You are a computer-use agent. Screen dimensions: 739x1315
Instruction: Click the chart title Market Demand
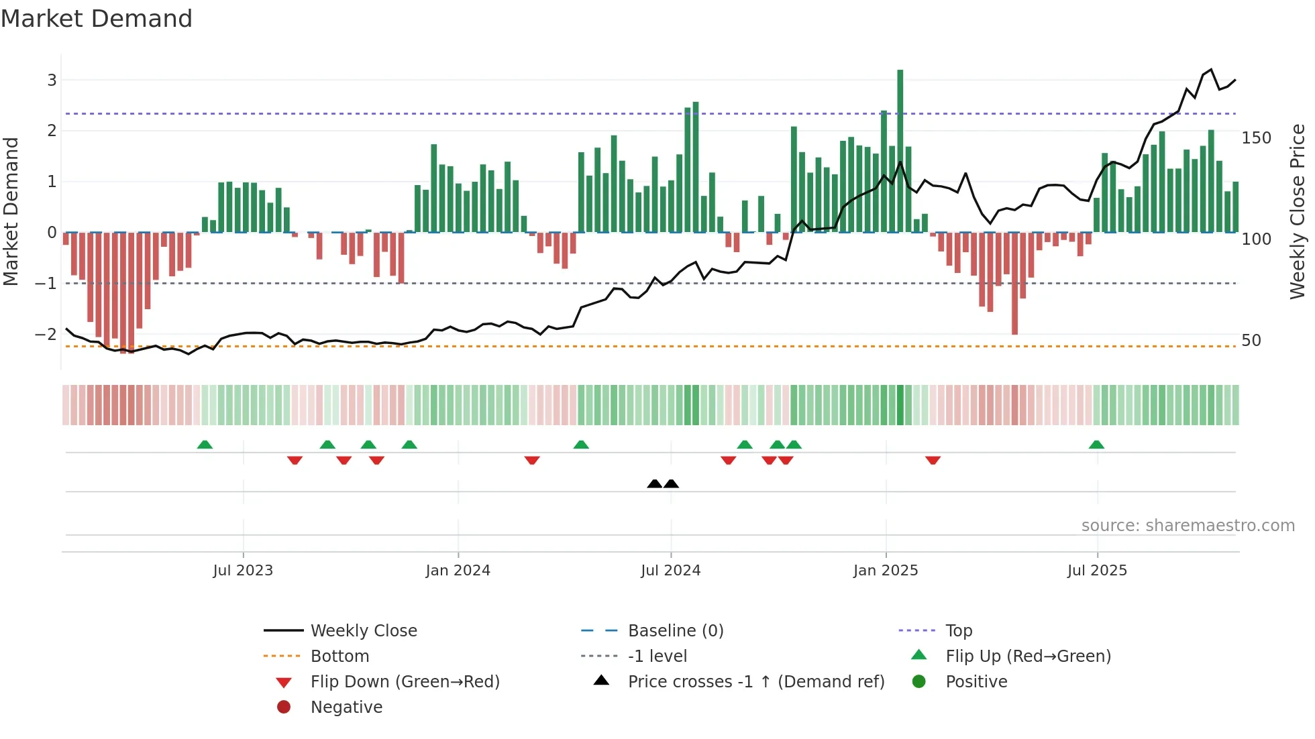pyautogui.click(x=97, y=19)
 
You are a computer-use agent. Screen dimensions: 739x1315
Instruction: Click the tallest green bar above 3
pyautogui.click(x=900, y=151)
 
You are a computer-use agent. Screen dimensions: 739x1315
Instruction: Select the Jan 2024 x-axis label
pyautogui.click(x=458, y=571)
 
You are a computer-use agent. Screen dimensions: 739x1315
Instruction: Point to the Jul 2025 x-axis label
pyautogui.click(x=1097, y=571)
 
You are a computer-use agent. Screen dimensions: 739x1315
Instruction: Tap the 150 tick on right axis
pyautogui.click(x=1256, y=138)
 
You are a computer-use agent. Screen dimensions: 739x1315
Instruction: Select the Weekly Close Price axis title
pyautogui.click(x=1298, y=211)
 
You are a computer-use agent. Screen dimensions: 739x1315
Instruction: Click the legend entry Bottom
pyautogui.click(x=339, y=656)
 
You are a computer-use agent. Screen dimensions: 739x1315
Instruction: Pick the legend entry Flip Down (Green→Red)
pyautogui.click(x=405, y=681)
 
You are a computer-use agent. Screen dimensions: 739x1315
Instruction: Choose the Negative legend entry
pyautogui.click(x=346, y=707)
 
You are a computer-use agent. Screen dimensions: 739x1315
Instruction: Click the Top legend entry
pyautogui.click(x=959, y=630)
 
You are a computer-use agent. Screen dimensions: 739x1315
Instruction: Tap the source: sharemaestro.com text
pyautogui.click(x=1188, y=526)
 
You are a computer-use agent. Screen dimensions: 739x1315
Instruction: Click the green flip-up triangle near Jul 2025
pyautogui.click(x=1096, y=445)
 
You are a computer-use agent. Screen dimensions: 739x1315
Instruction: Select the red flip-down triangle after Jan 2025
pyautogui.click(x=933, y=460)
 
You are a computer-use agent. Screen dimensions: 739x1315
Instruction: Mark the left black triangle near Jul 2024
pyautogui.click(x=654, y=484)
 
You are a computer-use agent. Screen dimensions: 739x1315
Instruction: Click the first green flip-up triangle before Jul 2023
pyautogui.click(x=205, y=445)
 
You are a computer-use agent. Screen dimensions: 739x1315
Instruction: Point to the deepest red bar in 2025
pyautogui.click(x=1014, y=283)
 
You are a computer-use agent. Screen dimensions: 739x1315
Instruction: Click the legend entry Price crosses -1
pyautogui.click(x=755, y=681)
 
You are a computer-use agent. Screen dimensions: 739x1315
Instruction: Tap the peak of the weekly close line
pyautogui.click(x=1211, y=70)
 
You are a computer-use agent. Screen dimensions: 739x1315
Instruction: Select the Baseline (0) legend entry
pyautogui.click(x=675, y=630)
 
